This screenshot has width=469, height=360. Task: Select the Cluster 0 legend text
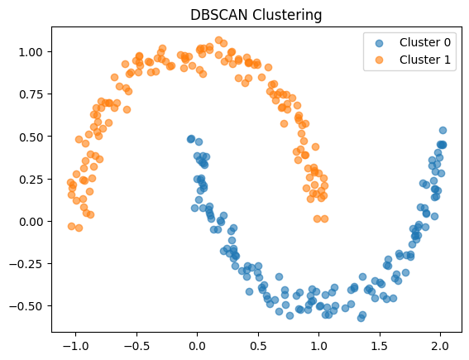coord(426,42)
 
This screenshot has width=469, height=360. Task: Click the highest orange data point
coord(219,40)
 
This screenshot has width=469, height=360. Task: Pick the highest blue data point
coord(443,130)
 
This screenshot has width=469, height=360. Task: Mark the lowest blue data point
coord(361,318)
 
